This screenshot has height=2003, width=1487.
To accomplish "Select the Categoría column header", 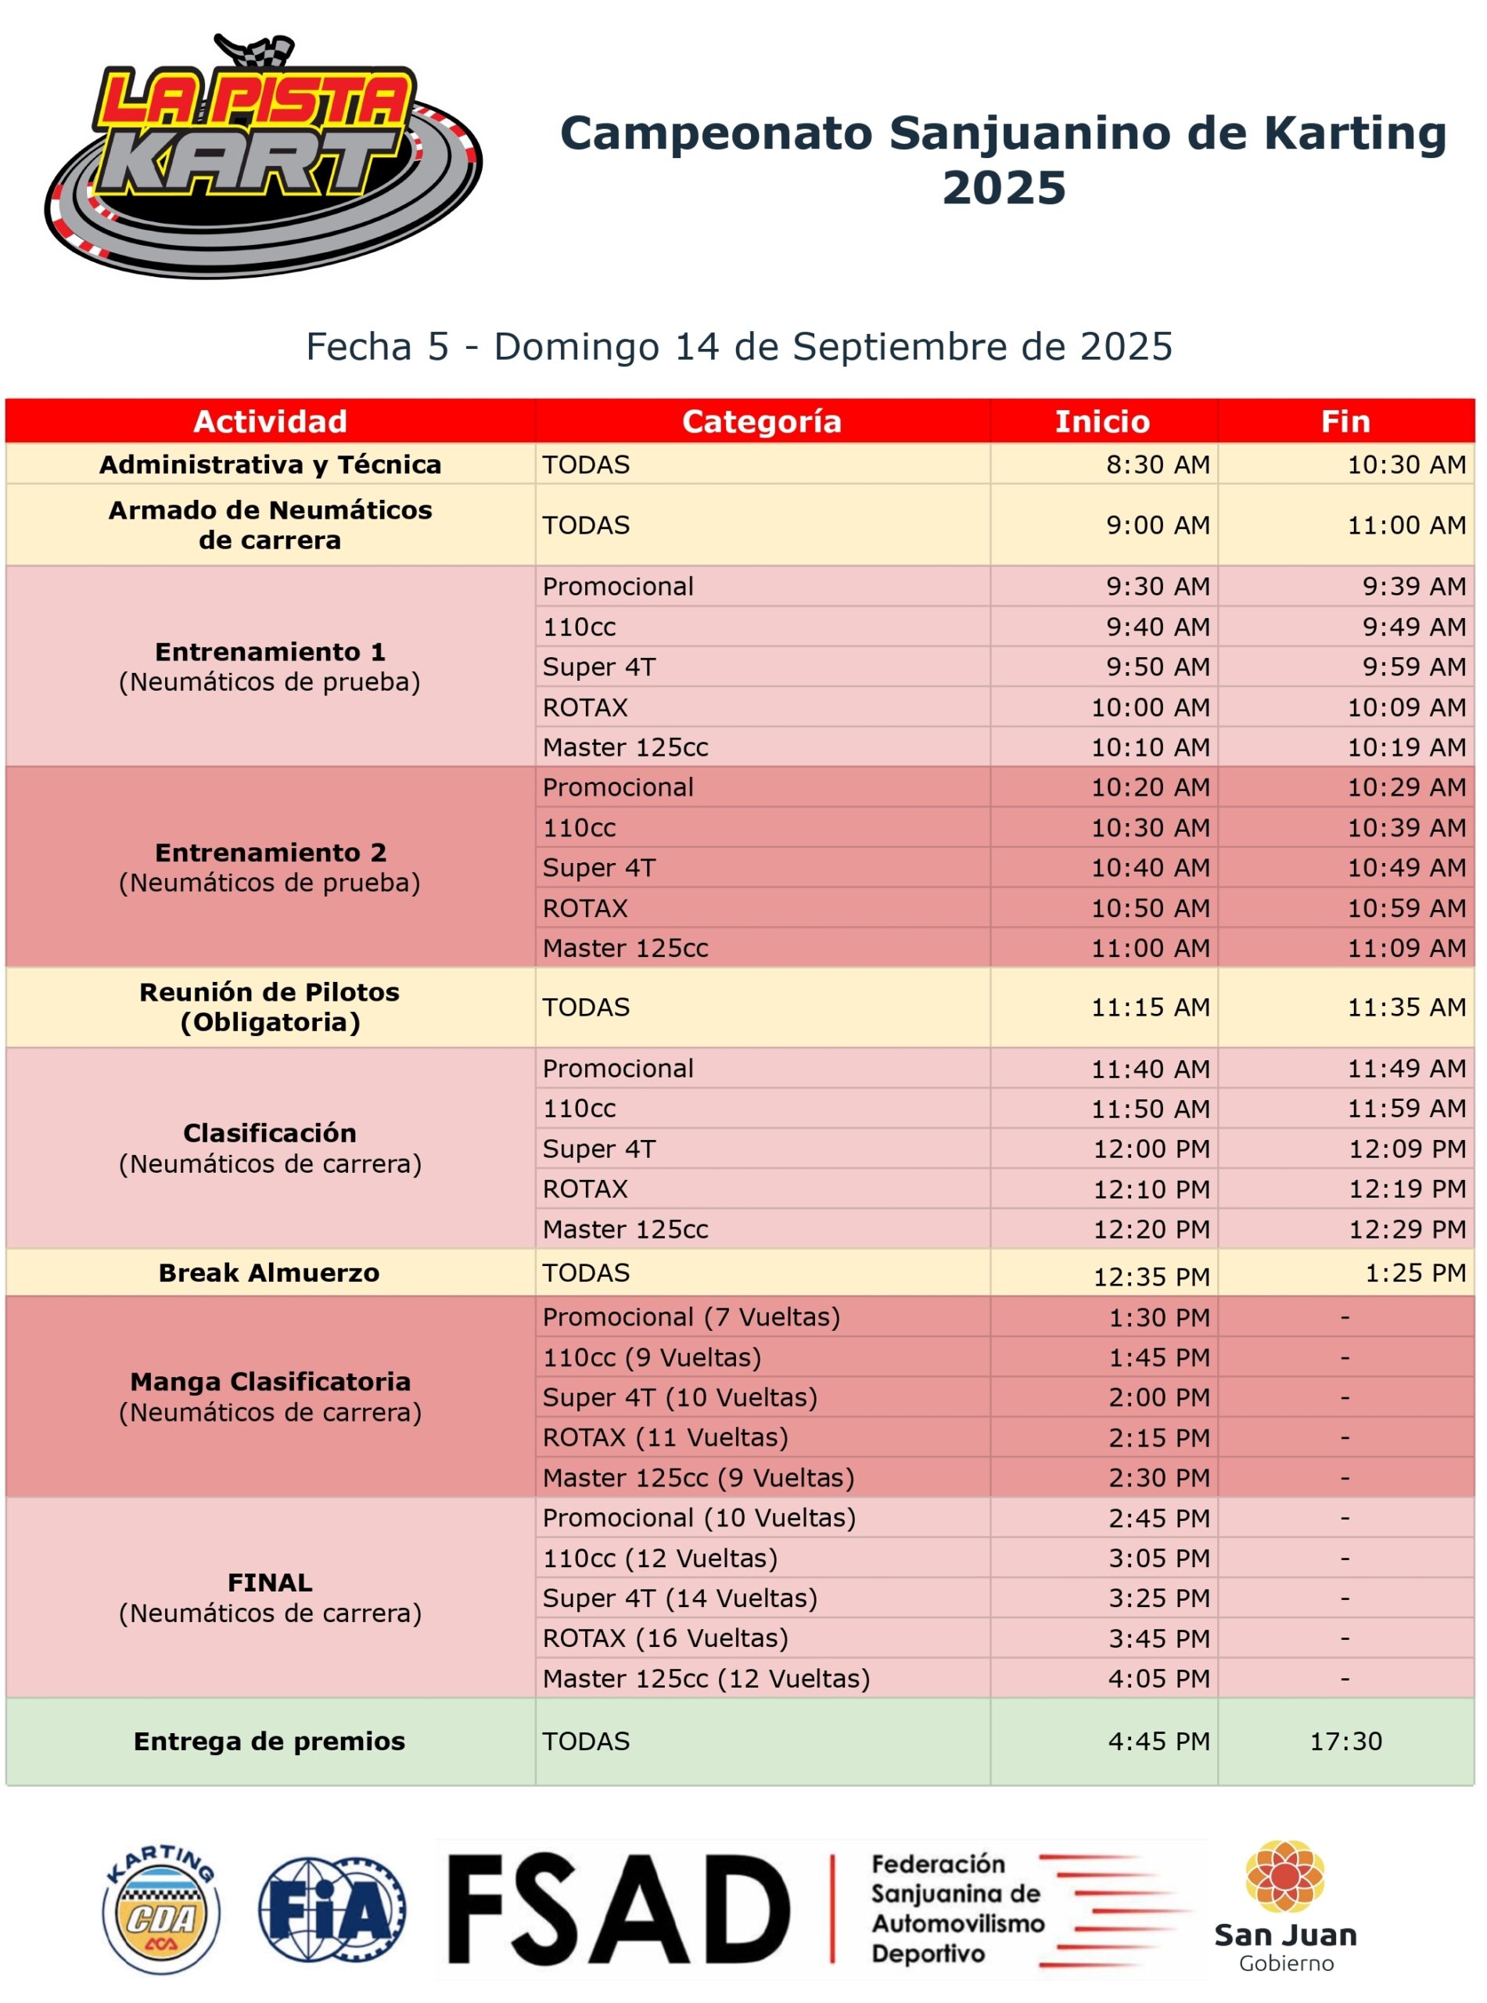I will [x=762, y=421].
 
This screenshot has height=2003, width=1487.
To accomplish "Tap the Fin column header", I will [x=1345, y=421].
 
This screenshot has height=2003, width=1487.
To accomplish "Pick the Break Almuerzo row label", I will [x=269, y=1273].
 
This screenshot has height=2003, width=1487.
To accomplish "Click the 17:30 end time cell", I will [x=1345, y=1741].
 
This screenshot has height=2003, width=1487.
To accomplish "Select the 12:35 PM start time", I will [x=1151, y=1276].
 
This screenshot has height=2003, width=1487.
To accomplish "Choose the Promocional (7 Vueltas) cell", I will [x=691, y=1317].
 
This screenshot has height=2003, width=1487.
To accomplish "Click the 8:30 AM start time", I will [x=1158, y=465].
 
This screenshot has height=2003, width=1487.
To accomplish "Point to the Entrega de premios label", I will [x=269, y=1741].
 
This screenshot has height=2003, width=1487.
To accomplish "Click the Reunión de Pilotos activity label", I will [x=269, y=1006].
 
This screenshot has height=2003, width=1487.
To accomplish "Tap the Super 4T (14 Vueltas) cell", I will [x=680, y=1598].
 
